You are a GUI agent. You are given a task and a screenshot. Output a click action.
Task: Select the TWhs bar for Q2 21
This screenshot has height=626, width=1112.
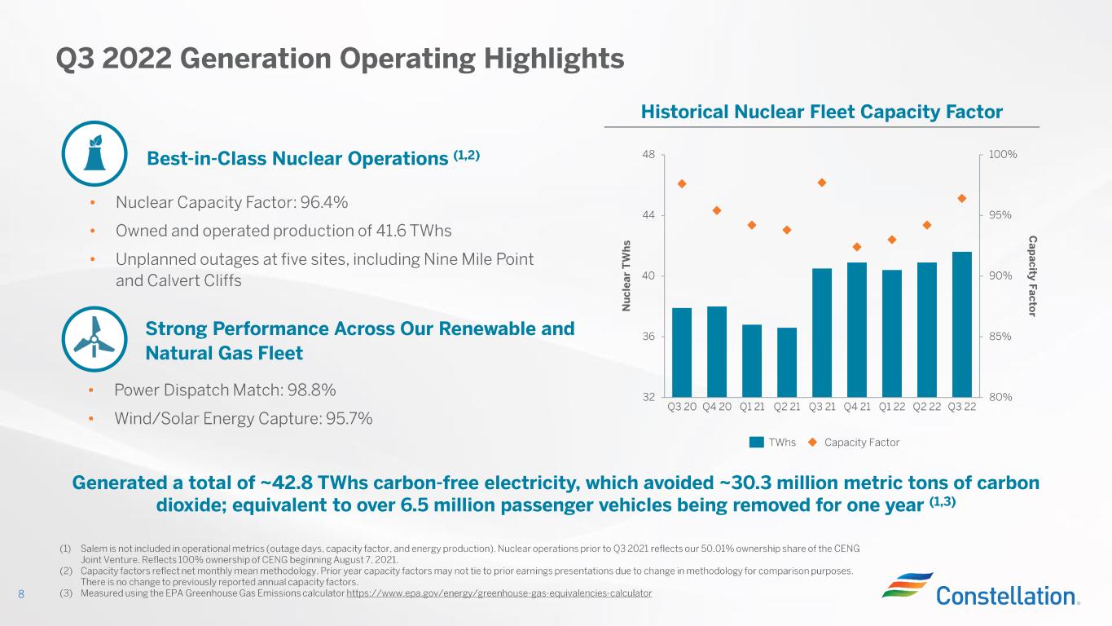786,362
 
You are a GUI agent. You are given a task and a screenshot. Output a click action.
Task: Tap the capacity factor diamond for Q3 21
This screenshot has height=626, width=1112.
822,183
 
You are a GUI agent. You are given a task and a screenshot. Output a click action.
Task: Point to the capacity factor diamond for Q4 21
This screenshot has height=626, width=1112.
857,247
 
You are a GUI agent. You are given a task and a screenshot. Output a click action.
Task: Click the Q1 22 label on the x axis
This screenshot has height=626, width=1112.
891,407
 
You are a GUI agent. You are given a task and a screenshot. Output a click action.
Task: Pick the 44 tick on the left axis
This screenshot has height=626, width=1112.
648,215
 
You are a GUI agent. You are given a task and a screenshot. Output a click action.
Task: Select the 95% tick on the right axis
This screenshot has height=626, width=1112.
1000,215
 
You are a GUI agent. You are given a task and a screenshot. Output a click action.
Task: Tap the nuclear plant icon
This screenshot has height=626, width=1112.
94,153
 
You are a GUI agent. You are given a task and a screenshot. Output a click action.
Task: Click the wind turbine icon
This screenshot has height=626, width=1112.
94,338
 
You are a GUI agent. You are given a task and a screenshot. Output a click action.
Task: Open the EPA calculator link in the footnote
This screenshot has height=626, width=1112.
499,593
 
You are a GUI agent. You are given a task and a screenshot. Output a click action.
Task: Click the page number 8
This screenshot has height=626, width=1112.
22,594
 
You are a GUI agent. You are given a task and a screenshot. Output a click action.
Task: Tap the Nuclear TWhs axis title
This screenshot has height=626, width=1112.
627,276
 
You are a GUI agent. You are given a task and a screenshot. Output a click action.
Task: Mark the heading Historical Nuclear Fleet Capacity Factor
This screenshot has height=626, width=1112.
821,111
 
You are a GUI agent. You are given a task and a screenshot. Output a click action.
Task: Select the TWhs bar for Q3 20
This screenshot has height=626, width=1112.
681,352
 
